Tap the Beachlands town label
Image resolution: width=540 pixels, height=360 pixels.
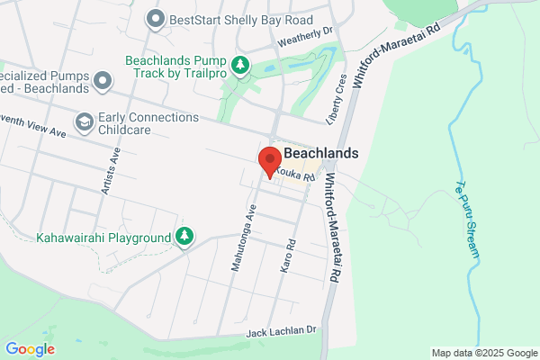pyautogui.click(x=320, y=153)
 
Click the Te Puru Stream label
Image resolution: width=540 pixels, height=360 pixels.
pyautogui.click(x=469, y=218)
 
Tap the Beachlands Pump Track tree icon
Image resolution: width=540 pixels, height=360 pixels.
pyautogui.click(x=239, y=65)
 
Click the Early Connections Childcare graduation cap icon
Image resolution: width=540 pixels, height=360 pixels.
pyautogui.click(x=84, y=121)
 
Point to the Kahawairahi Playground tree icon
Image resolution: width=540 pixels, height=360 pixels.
pyautogui.click(x=184, y=236)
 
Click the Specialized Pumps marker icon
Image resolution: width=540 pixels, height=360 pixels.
pyautogui.click(x=103, y=80)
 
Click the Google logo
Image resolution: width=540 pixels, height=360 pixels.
pyautogui.click(x=30, y=349)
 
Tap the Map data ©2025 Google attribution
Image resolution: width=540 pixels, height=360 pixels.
pyautogui.click(x=482, y=353)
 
